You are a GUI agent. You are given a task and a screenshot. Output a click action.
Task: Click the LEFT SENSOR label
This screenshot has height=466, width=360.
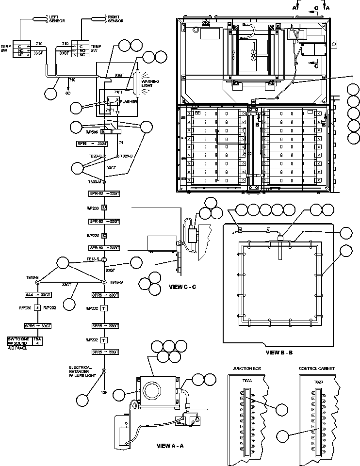click(x=56, y=18)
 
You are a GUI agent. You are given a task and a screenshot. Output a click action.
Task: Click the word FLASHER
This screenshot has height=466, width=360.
click(x=128, y=102)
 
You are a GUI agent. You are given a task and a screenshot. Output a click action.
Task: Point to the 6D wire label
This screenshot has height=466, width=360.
click(x=68, y=92)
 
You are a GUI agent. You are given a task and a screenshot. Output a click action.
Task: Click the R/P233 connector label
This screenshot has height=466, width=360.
click(x=92, y=207)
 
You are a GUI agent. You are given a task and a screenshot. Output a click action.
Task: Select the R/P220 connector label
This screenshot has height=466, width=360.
click(x=92, y=235)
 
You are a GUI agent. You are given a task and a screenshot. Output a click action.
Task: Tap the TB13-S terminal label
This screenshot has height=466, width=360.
click(x=93, y=259)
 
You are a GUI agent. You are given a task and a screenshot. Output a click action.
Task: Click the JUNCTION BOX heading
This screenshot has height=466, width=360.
click(x=247, y=368)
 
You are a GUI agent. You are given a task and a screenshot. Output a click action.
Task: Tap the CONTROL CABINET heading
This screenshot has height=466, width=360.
click(x=317, y=368)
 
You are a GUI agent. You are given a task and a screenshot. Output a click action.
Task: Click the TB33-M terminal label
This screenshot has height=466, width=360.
click(x=95, y=181)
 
